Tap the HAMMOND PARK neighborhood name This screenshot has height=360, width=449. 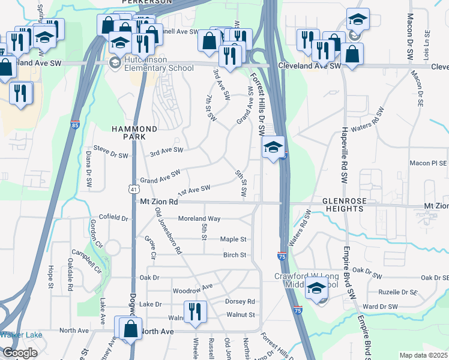pos(135,133)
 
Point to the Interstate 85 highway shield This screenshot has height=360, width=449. pos(74,125)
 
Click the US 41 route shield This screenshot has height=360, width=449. pos(133,188)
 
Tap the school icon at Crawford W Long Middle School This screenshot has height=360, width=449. pos(317,289)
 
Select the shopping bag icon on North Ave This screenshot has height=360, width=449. pos(130,328)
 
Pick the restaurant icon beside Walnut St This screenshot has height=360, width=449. pos(194,312)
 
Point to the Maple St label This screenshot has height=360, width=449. pos(234,239)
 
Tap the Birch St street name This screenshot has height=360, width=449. pos(235,255)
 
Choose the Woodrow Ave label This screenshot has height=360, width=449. pos(192,290)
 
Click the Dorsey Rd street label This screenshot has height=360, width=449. pos(240,301)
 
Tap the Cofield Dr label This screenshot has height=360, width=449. pos(113,219)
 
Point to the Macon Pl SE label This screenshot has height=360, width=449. pos(428,163)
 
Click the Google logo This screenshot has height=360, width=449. pos(20,353)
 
